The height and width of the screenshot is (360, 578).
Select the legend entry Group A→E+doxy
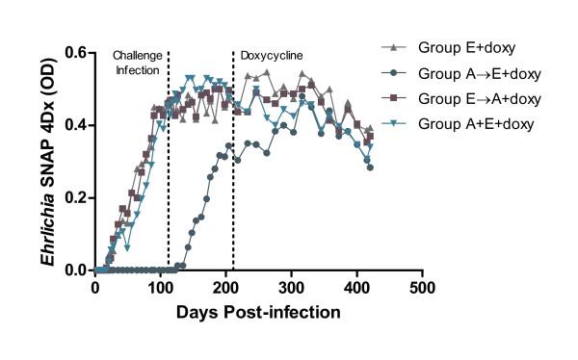[481, 72]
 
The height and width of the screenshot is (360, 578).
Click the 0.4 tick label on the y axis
[75, 125]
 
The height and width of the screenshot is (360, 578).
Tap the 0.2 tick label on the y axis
[75, 197]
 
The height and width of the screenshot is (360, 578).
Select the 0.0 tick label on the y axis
[75, 270]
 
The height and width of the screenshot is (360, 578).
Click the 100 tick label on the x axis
[160, 288]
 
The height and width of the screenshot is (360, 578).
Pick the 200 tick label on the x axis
[225, 288]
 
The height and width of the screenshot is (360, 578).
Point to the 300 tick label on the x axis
[291, 288]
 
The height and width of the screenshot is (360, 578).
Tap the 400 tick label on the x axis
[356, 288]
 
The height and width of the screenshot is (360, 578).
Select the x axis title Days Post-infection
[258, 312]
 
